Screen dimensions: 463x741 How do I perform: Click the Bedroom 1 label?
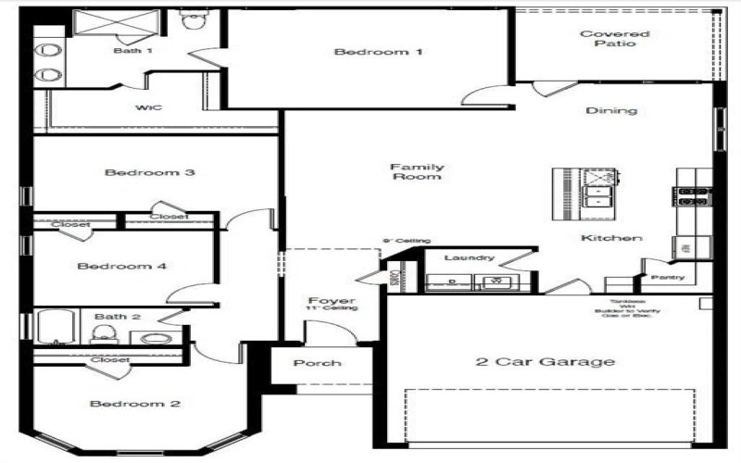click(378, 52)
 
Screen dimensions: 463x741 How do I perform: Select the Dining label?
click(611, 110)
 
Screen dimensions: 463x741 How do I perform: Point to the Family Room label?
click(417, 171)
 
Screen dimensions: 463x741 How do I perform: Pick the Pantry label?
click(667, 277)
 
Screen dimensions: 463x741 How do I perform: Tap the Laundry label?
click(469, 257)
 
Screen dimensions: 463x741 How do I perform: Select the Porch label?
click(317, 363)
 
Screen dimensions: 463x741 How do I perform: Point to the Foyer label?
click(332, 302)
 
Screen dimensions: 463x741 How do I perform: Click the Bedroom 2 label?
click(135, 404)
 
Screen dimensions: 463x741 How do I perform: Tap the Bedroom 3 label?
click(149, 172)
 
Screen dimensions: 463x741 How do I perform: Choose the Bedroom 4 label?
click(121, 267)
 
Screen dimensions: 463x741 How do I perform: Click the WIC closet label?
click(149, 107)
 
